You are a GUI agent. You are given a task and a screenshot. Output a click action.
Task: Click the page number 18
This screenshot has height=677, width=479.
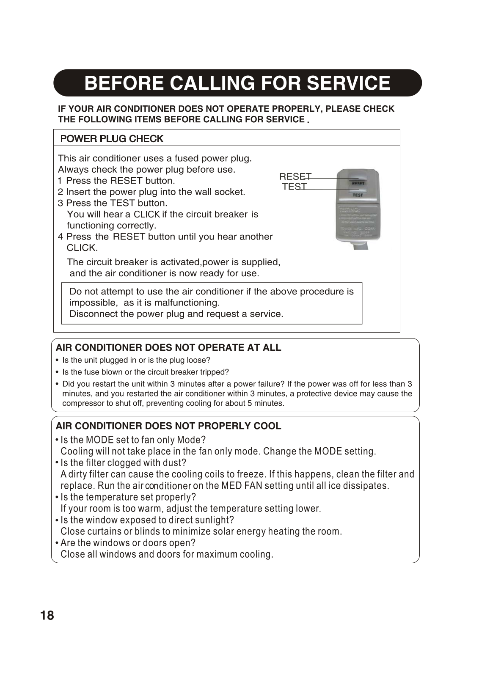[47, 615]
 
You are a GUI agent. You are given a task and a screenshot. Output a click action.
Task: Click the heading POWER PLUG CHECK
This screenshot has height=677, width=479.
[112, 139]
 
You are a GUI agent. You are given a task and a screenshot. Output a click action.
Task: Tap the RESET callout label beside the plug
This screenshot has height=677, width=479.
[295, 176]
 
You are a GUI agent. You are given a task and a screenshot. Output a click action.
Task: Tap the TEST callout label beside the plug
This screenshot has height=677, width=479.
[294, 187]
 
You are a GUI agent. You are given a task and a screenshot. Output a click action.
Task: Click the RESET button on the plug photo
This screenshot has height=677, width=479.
[358, 183]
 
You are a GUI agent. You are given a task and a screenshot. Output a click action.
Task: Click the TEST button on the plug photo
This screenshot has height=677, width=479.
[358, 195]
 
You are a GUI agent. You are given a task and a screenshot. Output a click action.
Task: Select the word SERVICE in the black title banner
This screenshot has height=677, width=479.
[348, 83]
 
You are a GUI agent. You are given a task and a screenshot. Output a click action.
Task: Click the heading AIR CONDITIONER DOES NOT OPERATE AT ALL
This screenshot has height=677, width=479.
[168, 347]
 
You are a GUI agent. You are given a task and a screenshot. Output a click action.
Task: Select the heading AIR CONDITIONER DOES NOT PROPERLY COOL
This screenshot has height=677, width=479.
[168, 426]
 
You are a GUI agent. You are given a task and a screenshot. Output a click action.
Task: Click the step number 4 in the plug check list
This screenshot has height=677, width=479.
[61, 237]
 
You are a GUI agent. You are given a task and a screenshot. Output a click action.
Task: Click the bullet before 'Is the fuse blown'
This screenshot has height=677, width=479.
[57, 372]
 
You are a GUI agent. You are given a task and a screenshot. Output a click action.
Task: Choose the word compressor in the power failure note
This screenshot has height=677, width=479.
[83, 403]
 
